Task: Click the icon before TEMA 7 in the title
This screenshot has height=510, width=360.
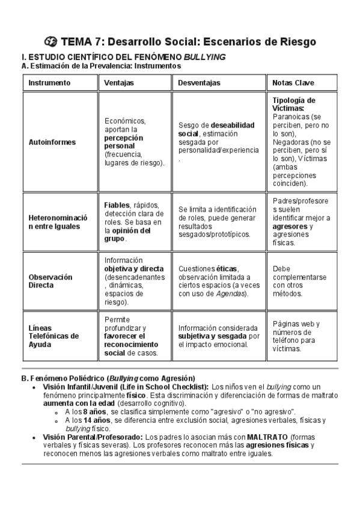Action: click(51, 41)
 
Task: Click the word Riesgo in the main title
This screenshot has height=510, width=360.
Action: click(293, 41)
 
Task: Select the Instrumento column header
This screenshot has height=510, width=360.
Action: click(49, 82)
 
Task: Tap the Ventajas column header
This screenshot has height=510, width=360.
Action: click(119, 82)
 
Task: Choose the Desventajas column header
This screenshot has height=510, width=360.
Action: click(199, 82)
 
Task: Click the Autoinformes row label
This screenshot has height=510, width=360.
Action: click(52, 143)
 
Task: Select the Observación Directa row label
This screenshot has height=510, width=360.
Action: click(50, 281)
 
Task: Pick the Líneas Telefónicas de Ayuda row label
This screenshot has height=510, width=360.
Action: click(54, 336)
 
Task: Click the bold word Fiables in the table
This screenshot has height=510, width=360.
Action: click(117, 204)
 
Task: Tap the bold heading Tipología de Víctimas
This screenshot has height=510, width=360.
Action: click(293, 104)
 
